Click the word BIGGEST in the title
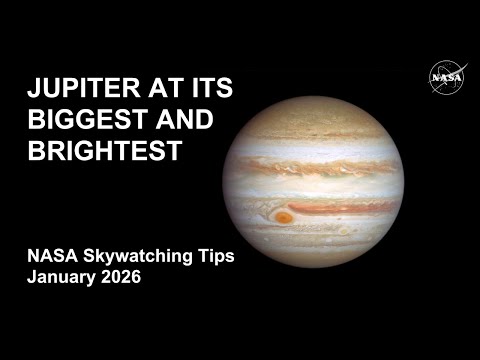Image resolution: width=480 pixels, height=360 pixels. click(x=84, y=121)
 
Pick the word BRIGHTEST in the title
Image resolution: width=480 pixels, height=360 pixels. click(x=103, y=152)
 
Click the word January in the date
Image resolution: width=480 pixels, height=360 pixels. click(x=62, y=278)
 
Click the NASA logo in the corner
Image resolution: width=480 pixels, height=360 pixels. click(x=443, y=77)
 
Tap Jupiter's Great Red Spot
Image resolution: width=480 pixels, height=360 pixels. click(x=284, y=216)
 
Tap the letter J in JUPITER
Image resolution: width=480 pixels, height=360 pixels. click(x=33, y=90)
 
